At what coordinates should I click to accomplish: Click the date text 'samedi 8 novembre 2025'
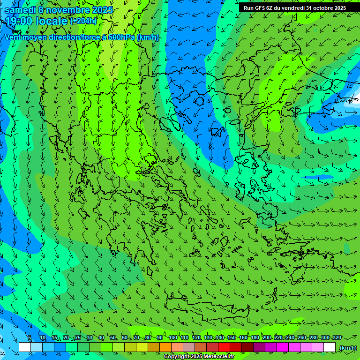(x=59, y=10)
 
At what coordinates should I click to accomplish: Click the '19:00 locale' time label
(x=37, y=21)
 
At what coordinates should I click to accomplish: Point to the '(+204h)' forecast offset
(x=83, y=21)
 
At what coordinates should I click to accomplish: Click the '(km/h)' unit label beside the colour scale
(x=348, y=348)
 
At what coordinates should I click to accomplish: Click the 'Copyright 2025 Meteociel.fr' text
(x=198, y=357)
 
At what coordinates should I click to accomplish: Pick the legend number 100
(x=172, y=338)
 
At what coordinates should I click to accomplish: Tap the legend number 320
(x=337, y=338)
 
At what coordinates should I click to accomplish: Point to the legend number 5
(x=30, y=338)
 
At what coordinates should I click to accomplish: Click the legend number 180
(x=255, y=338)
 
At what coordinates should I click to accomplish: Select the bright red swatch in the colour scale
(x=224, y=347)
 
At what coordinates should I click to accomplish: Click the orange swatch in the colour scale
(x=165, y=347)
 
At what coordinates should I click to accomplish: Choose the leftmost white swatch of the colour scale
(x=25, y=347)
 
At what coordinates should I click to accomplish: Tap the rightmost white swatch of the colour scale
(x=330, y=347)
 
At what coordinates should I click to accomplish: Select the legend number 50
(x=113, y=338)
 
